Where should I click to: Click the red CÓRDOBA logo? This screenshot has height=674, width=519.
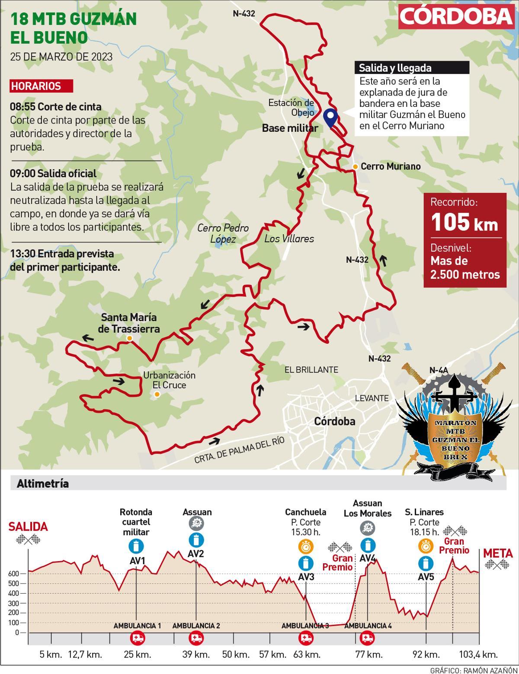tap(456, 16)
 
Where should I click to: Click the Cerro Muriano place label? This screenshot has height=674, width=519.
tap(391, 166)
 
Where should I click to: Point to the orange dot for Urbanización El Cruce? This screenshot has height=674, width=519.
tap(157, 394)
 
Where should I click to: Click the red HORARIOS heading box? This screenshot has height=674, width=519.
tap(42, 86)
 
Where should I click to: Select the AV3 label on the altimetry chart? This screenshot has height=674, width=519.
tap(306, 577)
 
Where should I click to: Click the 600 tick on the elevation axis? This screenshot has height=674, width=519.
tap(14, 574)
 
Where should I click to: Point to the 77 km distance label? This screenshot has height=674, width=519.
tap(367, 654)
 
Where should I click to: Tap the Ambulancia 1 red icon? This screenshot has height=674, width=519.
tap(137, 638)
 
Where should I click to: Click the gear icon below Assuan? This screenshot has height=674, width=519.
tap(197, 524)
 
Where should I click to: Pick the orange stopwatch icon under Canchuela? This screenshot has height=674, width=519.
tap(306, 547)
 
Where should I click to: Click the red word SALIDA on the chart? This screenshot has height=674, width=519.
tap(28, 527)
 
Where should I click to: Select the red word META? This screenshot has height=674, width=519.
tap(498, 553)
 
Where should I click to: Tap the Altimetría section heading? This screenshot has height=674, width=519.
tap(42, 484)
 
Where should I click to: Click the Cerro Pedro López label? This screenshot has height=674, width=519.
tap(223, 233)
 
